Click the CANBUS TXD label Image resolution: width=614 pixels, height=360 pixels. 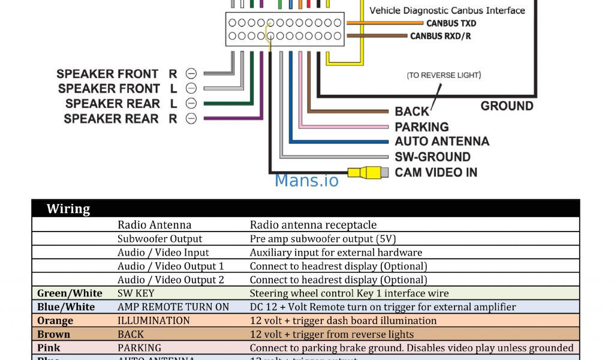click(451, 23)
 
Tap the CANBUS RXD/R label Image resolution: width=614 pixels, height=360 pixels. click(440, 36)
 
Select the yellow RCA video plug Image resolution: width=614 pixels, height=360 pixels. click(366, 173)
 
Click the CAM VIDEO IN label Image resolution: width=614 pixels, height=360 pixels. click(436, 173)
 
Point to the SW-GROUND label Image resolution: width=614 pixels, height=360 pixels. click(432, 157)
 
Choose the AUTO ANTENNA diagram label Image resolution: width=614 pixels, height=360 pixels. click(442, 142)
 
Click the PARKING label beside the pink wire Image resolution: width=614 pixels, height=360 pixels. click(422, 127)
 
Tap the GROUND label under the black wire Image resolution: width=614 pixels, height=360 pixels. click(507, 106)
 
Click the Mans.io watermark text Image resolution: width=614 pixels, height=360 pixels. click(306, 180)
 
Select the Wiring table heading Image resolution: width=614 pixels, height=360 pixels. click(68, 209)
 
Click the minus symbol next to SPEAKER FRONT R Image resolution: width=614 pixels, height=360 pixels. click(191, 74)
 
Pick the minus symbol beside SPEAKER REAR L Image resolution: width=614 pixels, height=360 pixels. click(191, 103)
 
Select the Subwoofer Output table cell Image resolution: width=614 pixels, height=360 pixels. click(160, 239)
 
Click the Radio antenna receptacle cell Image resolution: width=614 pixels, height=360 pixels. click(313, 225)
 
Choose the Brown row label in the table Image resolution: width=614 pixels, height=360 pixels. click(53, 334)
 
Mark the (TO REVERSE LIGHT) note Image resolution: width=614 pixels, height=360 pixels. click(444, 75)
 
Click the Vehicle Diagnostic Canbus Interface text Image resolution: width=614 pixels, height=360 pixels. click(447, 10)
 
